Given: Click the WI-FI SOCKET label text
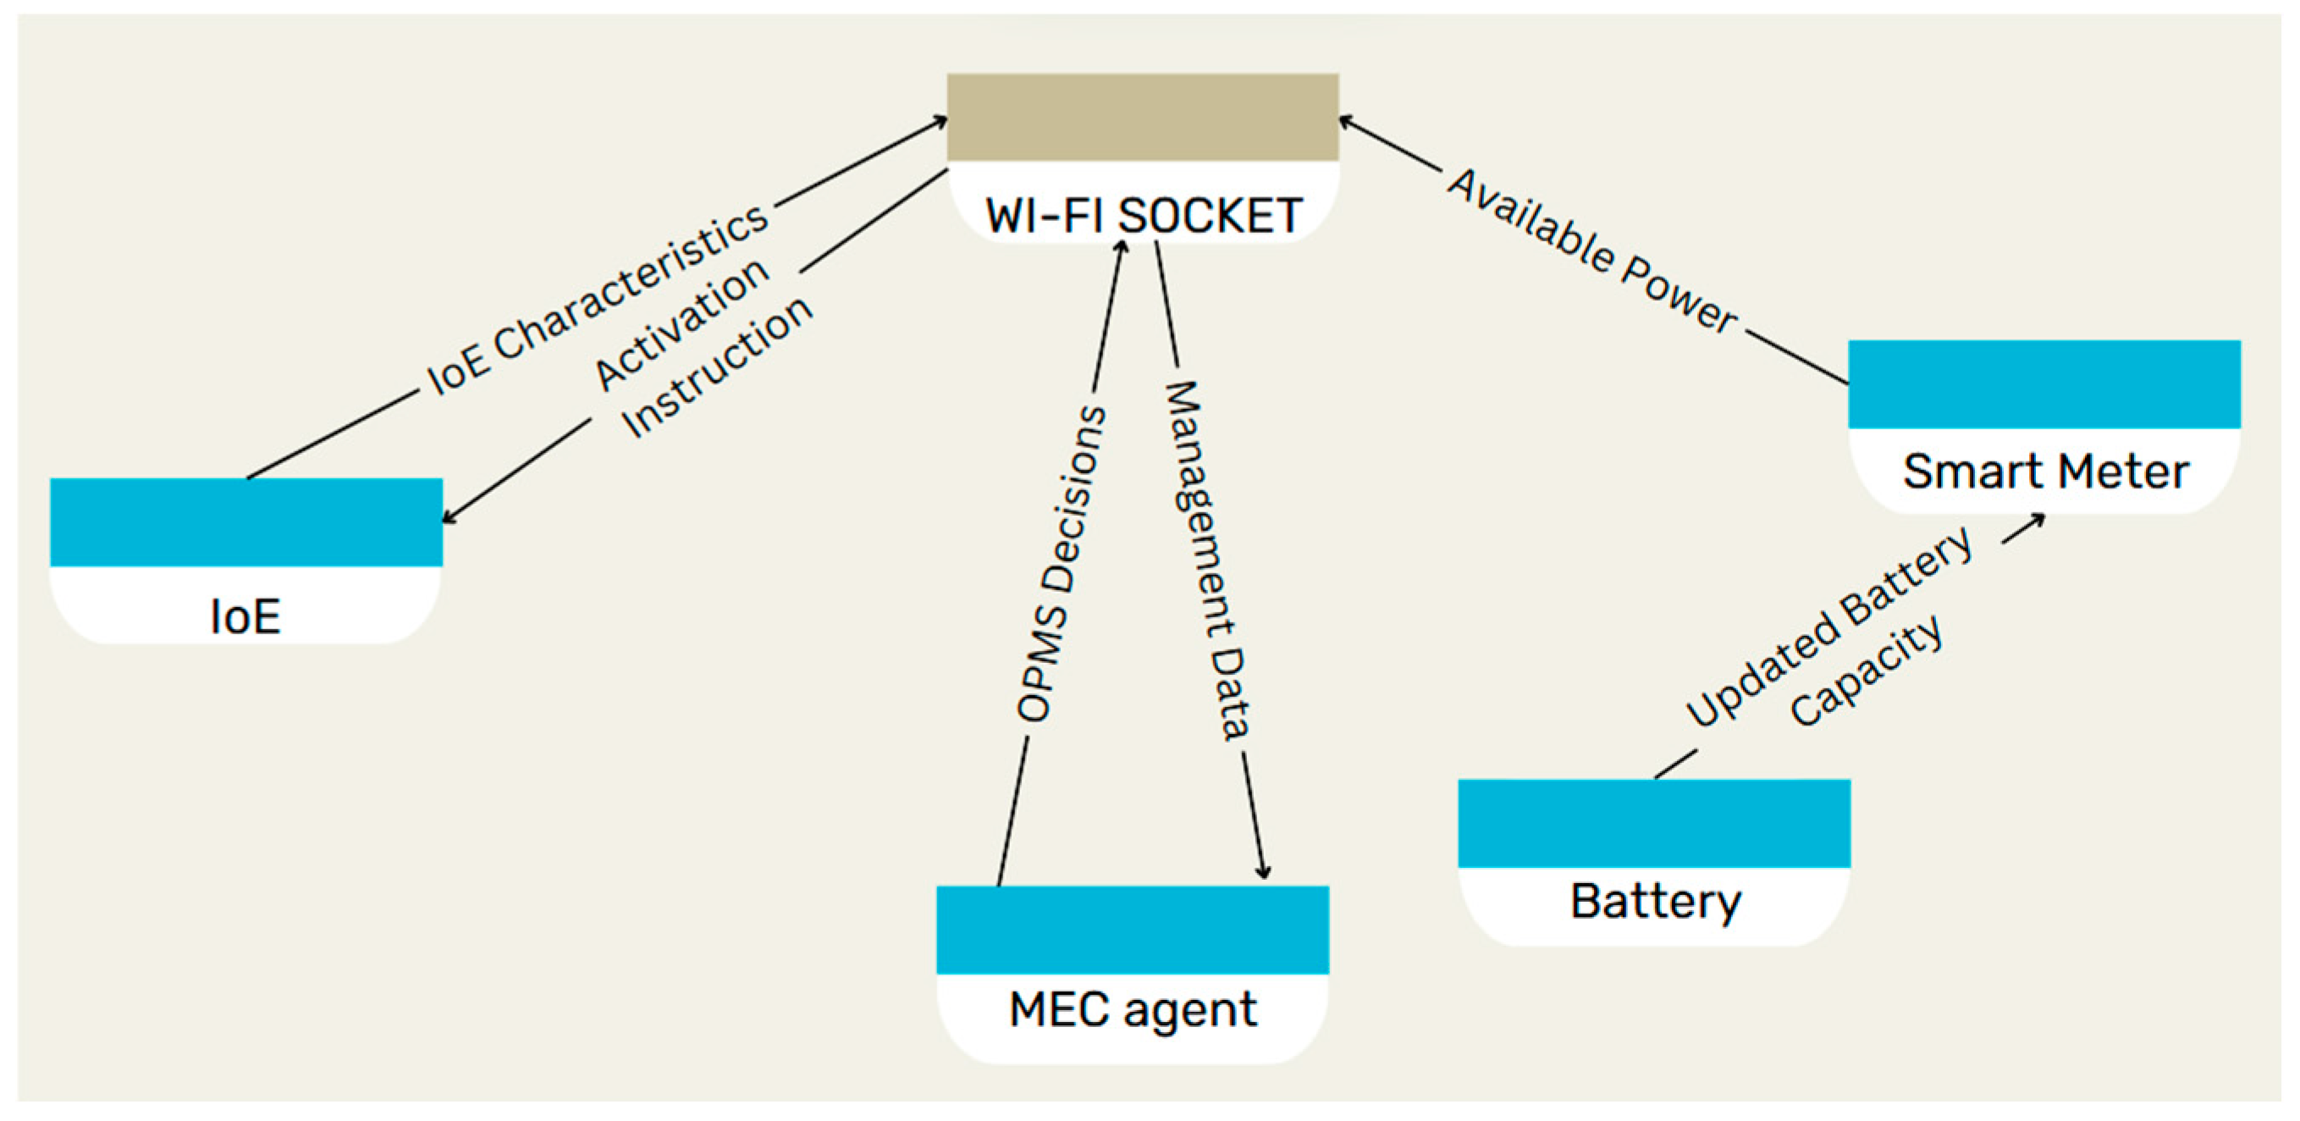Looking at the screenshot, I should (x=1143, y=215).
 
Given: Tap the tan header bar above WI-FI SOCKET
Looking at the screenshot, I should (x=1142, y=117).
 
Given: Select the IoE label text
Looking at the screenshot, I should (x=245, y=616).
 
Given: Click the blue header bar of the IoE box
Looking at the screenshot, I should (x=245, y=522).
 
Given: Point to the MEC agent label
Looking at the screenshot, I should (x=1132, y=1010).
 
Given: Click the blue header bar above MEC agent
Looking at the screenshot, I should (x=1132, y=929).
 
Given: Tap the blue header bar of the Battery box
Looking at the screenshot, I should (x=1653, y=823).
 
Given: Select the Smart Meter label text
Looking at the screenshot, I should (x=2044, y=471).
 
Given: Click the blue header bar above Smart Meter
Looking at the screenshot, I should (x=2044, y=384).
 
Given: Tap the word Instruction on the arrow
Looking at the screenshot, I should (x=717, y=367).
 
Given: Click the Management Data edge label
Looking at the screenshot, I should (x=1207, y=560).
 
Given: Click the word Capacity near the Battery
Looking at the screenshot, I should (x=1866, y=670).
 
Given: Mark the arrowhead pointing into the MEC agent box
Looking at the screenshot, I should (x=1263, y=873).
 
